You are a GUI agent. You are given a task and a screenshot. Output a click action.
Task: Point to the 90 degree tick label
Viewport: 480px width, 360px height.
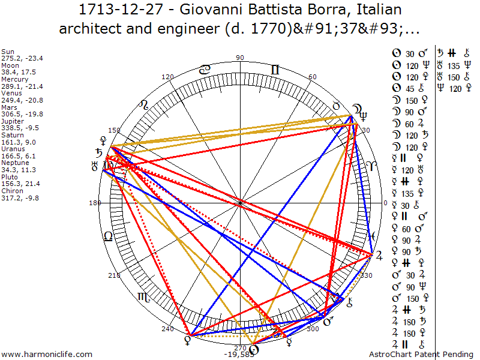tap(240, 58)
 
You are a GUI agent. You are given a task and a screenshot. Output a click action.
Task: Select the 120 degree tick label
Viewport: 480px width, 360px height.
tap(167, 77)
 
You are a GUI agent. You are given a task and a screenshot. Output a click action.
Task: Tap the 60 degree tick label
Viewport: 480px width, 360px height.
tap(313, 77)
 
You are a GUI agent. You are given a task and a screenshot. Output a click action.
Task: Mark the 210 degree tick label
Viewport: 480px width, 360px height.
tap(114, 275)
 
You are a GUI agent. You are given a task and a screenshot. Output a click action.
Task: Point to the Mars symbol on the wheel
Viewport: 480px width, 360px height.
tap(328, 323)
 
